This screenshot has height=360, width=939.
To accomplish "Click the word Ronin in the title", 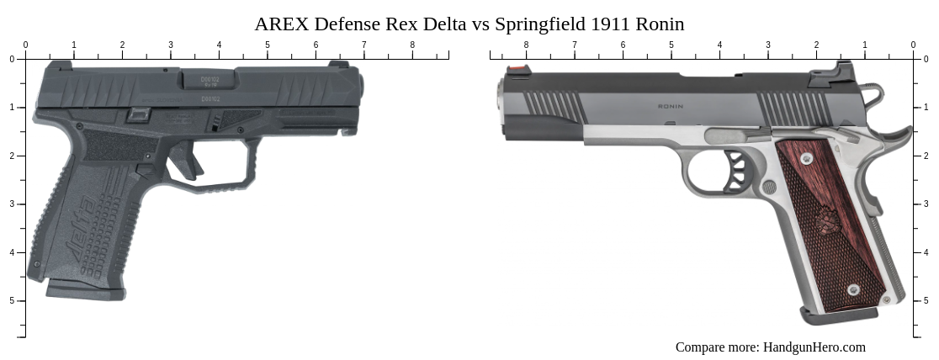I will coord(661,24).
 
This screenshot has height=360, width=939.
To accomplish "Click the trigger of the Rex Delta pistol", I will coord(187,160).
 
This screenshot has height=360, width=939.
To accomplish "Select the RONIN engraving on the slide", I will coord(670,107).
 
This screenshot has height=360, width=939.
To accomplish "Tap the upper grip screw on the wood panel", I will coord(807,158).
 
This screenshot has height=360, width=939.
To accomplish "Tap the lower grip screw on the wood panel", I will coord(853,289).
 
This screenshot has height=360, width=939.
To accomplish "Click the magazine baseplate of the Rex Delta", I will coord(85,291).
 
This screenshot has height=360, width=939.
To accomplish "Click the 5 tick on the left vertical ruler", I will coord(25,300).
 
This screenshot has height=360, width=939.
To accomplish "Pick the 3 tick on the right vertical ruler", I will coord(914,204).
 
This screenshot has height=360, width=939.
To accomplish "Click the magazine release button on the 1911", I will coord(769,187).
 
